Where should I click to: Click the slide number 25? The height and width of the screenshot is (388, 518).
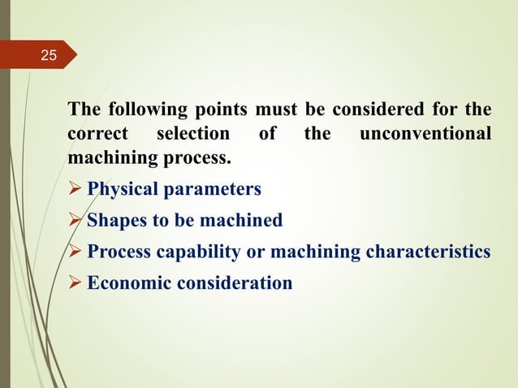pos(50,56)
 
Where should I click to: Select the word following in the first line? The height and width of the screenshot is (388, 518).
pos(139,110)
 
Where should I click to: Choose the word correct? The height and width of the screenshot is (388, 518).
pos(93,133)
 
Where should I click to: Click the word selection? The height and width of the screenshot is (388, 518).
pos(192,133)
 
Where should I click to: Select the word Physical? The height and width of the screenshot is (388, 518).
pos(122,190)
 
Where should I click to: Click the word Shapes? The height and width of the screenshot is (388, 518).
pos(114,221)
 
